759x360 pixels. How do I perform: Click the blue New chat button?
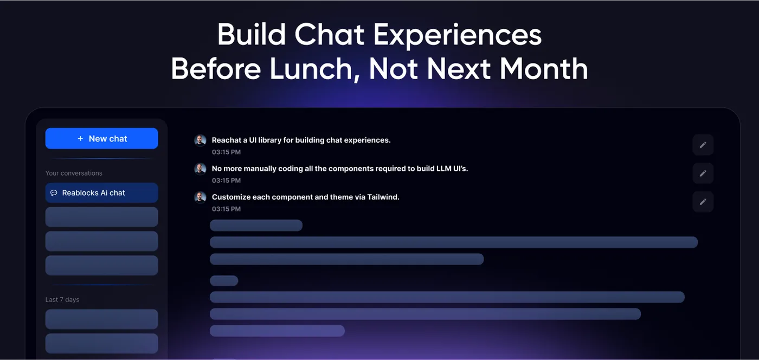coord(102,138)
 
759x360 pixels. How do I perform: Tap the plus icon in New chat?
coord(80,138)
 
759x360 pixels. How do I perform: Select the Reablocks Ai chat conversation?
coord(102,193)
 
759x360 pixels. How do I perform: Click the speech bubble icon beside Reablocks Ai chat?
coord(54,193)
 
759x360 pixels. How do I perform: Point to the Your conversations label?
coord(74,173)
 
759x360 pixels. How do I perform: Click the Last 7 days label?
coord(62,300)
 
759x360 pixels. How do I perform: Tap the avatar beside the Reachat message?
coord(200,140)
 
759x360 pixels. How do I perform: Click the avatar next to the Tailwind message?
coord(200,197)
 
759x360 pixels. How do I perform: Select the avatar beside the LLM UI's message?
coord(200,169)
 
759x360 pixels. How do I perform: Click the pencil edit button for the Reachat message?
coord(703,145)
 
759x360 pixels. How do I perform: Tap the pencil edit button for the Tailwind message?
coord(703,202)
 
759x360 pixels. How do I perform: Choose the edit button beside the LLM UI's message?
coord(703,173)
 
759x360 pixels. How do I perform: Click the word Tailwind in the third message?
coord(383,197)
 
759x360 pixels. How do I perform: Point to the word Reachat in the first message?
coord(227,140)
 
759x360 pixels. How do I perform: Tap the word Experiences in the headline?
coord(458,35)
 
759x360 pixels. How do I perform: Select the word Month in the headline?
coord(544,69)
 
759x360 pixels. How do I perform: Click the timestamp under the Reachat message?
coord(227,152)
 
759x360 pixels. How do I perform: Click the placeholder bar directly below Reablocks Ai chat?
coord(102,217)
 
